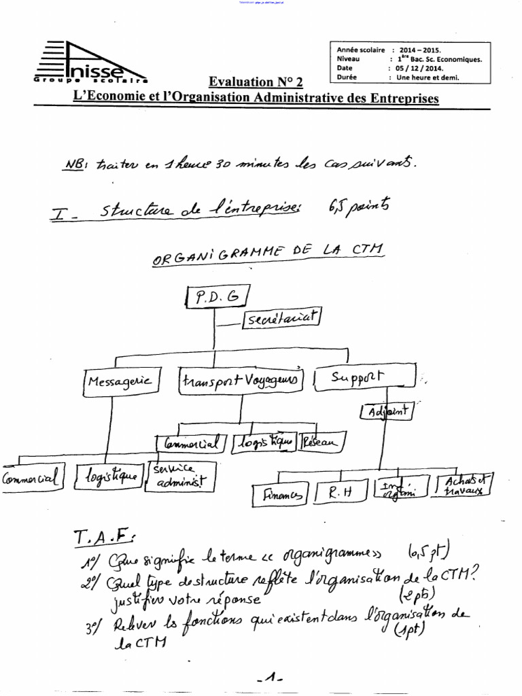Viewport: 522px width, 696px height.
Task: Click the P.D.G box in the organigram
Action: click(216, 296)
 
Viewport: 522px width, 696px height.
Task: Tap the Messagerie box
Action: click(121, 381)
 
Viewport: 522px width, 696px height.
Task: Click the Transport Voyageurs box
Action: click(241, 381)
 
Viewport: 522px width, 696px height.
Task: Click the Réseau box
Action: click(319, 443)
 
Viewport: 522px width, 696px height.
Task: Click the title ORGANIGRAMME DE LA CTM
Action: click(268, 254)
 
